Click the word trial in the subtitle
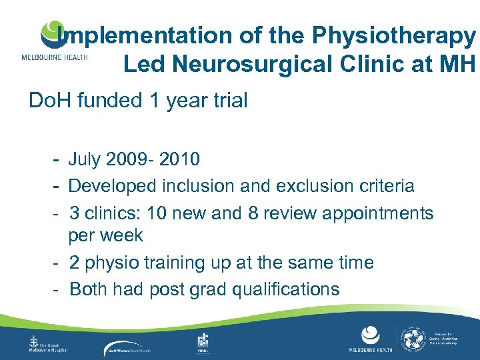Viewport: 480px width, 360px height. coord(227,101)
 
